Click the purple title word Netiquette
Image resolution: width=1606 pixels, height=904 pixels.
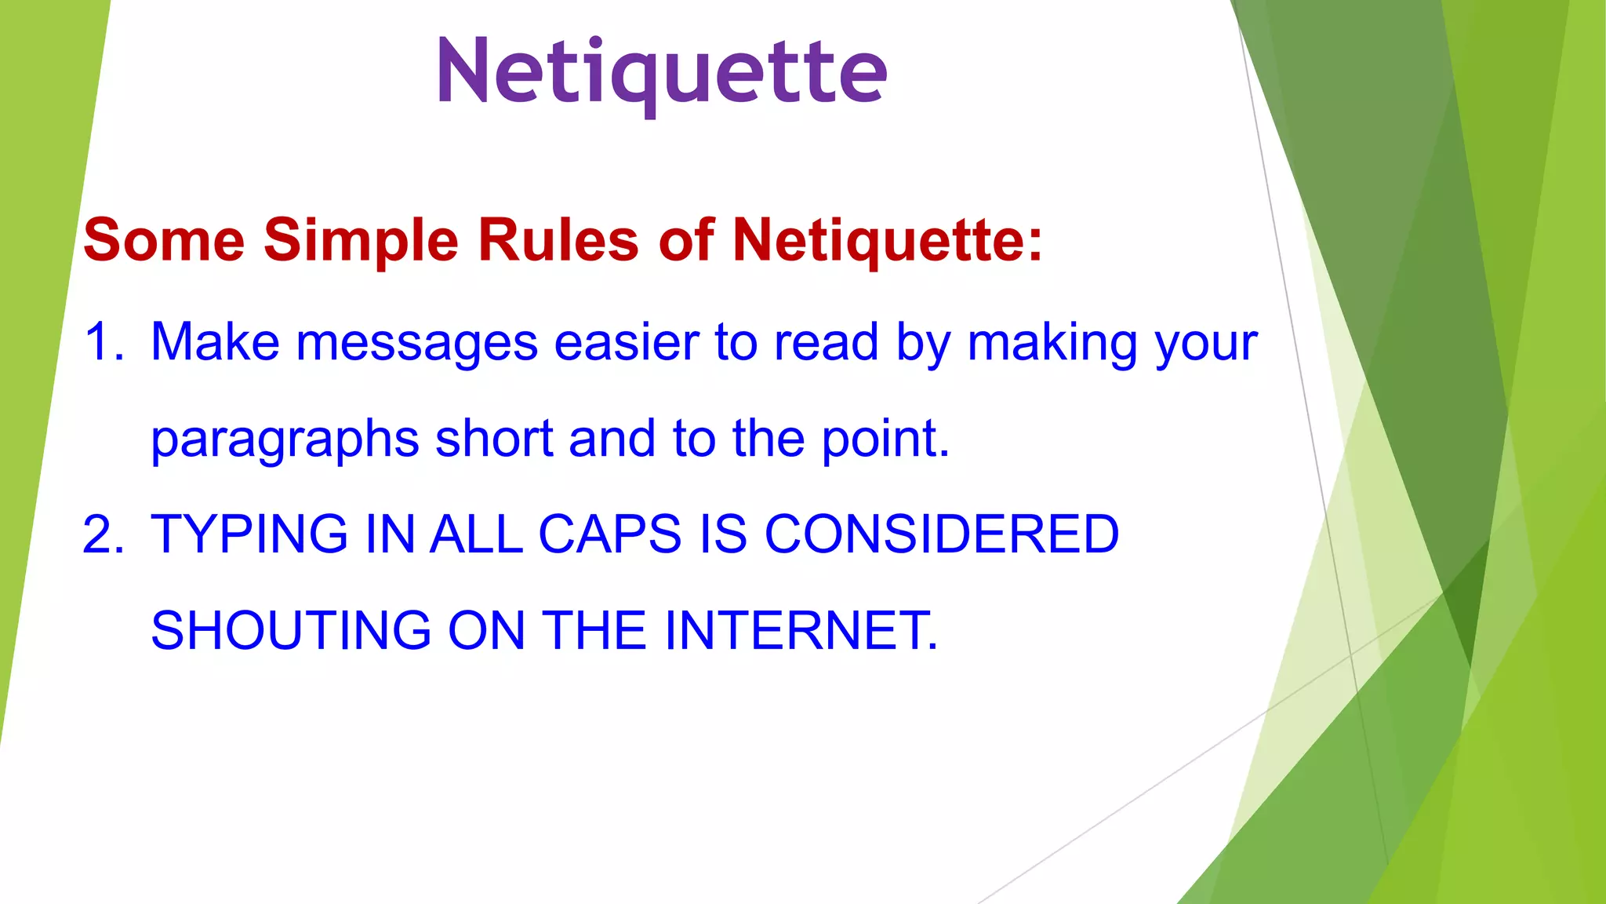tap(662, 72)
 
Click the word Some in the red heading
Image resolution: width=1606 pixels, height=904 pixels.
tap(164, 239)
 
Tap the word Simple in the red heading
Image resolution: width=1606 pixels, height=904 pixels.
tap(361, 241)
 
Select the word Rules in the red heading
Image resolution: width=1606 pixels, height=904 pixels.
tap(558, 239)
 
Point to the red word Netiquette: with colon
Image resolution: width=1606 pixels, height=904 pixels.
tap(887, 241)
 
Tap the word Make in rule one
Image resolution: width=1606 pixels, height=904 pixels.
tap(215, 342)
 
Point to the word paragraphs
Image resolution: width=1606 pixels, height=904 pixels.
tap(285, 439)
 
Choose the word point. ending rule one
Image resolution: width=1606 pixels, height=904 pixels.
tap(885, 439)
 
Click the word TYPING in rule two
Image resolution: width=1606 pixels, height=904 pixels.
tap(249, 534)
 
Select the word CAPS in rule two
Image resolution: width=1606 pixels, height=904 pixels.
tap(610, 534)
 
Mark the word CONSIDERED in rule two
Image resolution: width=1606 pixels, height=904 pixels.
tap(941, 534)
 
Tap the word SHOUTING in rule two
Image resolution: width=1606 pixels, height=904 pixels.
tap(291, 630)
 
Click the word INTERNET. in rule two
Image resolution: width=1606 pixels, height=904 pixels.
tap(801, 630)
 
